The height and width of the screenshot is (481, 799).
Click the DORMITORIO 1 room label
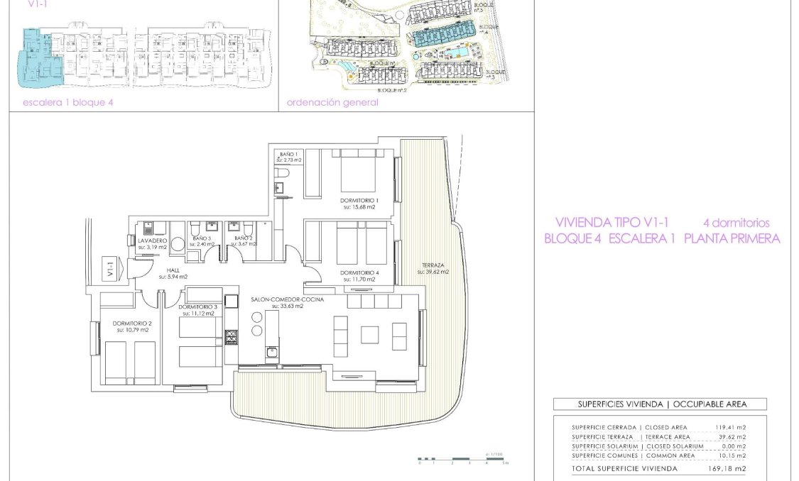click(360, 201)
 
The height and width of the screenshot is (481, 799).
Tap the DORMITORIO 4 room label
click(359, 273)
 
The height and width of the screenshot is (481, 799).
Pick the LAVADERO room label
click(153, 241)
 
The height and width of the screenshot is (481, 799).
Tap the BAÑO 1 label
click(288, 154)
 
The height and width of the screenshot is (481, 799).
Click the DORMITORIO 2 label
click(131, 324)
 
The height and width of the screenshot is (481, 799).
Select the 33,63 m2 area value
click(283, 307)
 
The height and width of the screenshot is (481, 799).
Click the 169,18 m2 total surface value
click(731, 469)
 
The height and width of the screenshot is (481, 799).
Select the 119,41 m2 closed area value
click(731, 428)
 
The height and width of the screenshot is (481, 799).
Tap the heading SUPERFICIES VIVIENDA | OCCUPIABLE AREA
click(660, 404)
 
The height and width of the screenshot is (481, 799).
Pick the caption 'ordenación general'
click(332, 102)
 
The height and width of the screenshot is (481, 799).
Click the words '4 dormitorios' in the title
click(736, 223)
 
